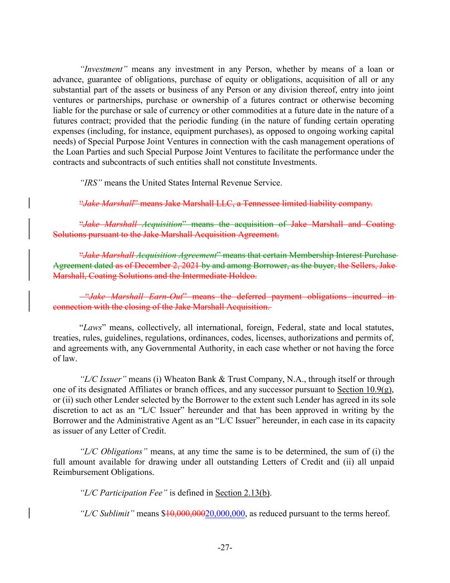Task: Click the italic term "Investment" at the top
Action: pyautogui.click(x=104, y=69)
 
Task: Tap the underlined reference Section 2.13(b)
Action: pyautogui.click(x=243, y=493)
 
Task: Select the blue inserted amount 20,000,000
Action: pyautogui.click(x=225, y=513)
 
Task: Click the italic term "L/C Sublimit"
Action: pyautogui.click(x=107, y=513)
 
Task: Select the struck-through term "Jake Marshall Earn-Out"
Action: pyautogui.click(x=136, y=296)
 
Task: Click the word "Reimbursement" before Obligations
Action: pyautogui.click(x=80, y=472)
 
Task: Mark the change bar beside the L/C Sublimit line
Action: pyautogui.click(x=29, y=513)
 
